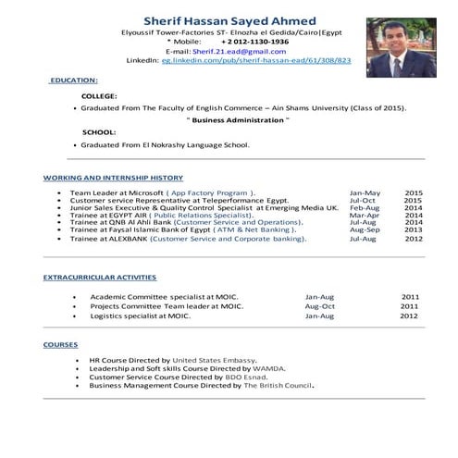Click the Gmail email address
tap(228, 51)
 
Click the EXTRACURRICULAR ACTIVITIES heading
tap(100, 278)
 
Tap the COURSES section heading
tap(61, 344)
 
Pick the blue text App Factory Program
tap(208, 192)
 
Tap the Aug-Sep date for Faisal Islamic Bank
tap(364, 230)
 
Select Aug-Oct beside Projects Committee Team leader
tap(319, 306)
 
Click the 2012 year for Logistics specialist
tap(409, 316)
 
